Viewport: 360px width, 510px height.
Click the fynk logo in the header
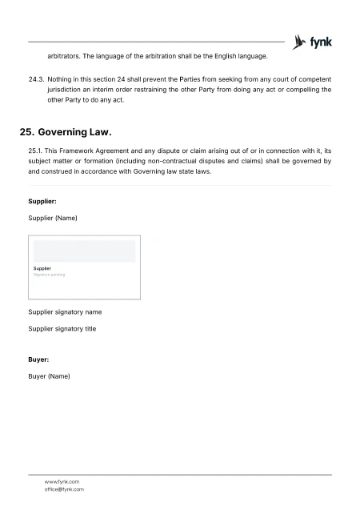pos(313,42)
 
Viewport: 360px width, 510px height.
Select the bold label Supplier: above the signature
pos(42,202)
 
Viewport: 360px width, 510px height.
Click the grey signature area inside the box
pos(84,251)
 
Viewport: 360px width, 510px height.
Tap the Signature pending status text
pos(49,275)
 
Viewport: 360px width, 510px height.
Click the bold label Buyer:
pos(38,359)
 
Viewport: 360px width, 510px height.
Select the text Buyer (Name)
pos(50,375)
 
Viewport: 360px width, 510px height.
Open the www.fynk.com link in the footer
pos(62,482)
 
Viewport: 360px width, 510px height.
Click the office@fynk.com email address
pos(64,489)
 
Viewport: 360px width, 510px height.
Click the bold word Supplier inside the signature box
pos(42,268)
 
